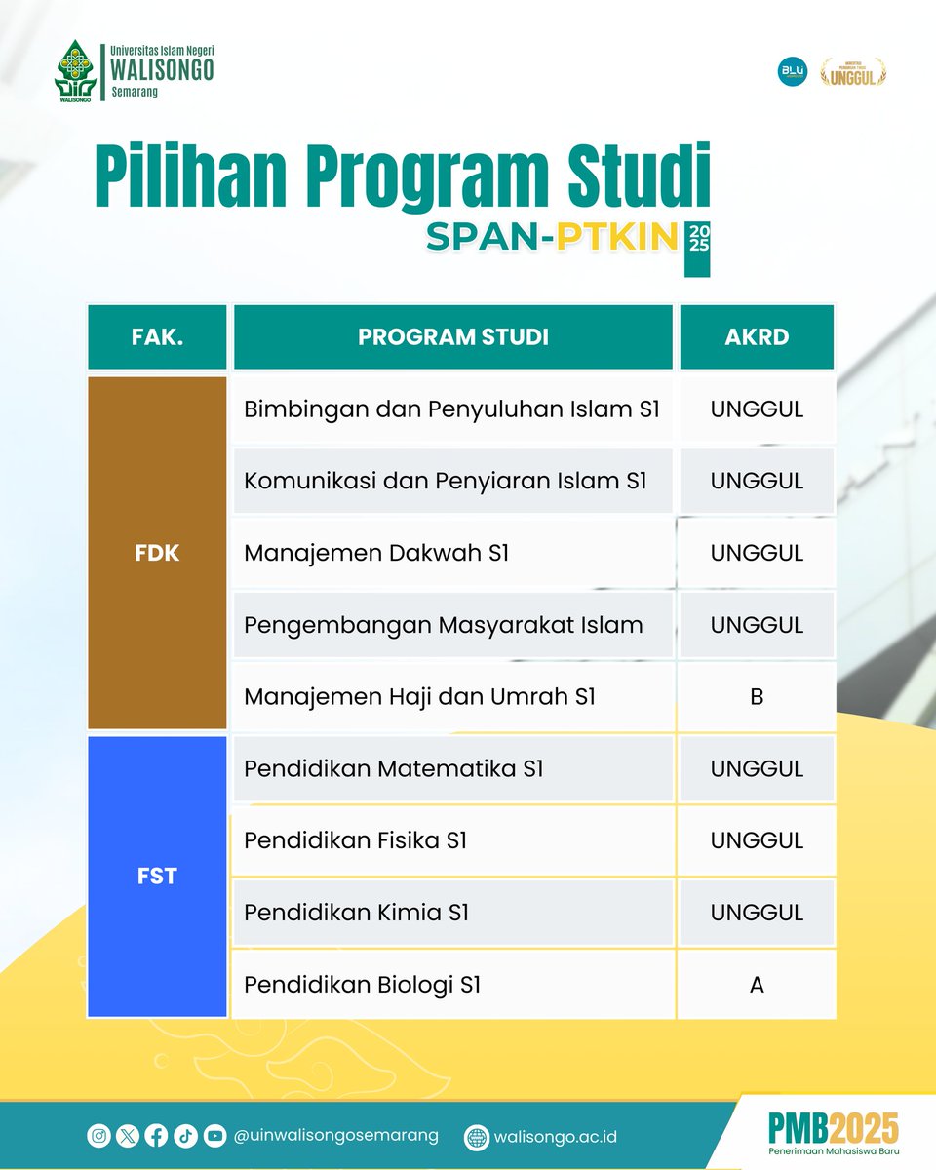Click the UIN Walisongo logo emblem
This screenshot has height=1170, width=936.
75,70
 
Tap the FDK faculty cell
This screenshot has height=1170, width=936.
157,553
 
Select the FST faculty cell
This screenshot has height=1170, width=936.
157,877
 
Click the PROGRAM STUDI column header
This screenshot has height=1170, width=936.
453,337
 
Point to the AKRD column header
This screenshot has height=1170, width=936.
757,337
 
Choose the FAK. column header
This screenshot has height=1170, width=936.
157,337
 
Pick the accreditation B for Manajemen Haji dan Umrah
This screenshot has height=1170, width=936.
757,697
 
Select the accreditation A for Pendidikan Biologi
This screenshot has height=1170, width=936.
757,985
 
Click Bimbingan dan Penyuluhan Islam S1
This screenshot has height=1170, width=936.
453,409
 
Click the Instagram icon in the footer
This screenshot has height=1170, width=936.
98,1135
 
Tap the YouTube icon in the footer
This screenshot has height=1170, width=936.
215,1135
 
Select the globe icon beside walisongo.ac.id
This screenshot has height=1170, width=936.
477,1137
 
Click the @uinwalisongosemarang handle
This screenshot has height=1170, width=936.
336,1136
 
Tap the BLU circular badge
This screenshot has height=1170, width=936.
791,71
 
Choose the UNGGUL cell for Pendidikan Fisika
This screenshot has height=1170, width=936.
757,840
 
